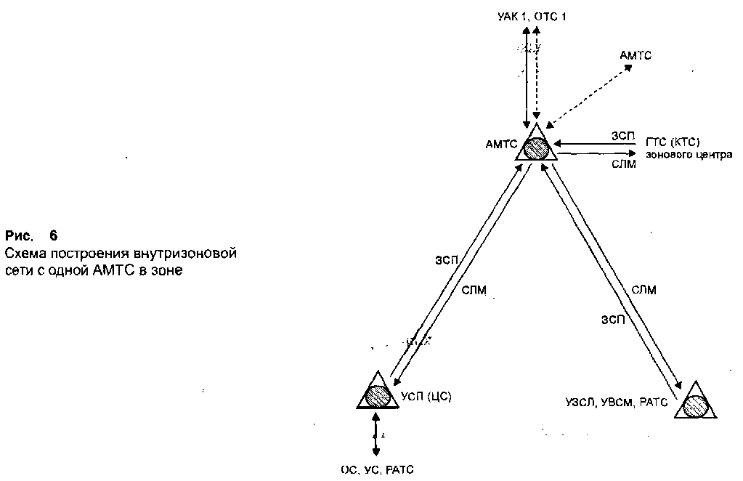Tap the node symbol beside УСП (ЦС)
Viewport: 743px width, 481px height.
click(378, 394)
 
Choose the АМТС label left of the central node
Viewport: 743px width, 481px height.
click(500, 143)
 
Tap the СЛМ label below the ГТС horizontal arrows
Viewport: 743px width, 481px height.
click(623, 165)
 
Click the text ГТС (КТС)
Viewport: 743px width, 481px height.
click(673, 142)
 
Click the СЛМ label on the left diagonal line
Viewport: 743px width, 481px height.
click(474, 290)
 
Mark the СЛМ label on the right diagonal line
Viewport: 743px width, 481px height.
click(643, 290)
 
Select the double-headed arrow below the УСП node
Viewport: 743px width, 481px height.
click(376, 434)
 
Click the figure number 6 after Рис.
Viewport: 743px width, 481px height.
click(53, 235)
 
